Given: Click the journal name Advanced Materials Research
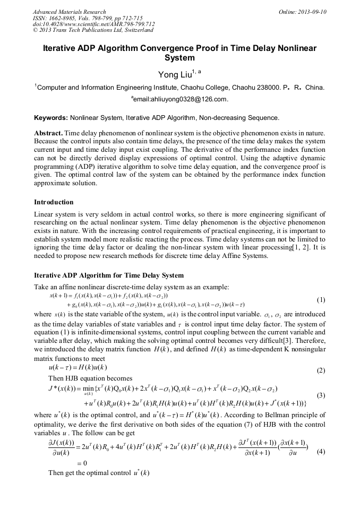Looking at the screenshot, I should coord(69,12).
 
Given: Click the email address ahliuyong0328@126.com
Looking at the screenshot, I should coord(182,99).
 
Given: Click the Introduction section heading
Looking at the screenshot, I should coord(54,202).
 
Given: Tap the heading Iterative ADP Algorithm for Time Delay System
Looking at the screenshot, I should coord(109,275).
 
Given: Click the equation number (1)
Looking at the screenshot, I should coord(321,300).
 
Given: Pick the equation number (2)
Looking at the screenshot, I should coord(321,369).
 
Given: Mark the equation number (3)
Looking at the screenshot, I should coord(321,395).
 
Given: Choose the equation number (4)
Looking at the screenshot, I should coord(321,437).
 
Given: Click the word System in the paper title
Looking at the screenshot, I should coord(179,58).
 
